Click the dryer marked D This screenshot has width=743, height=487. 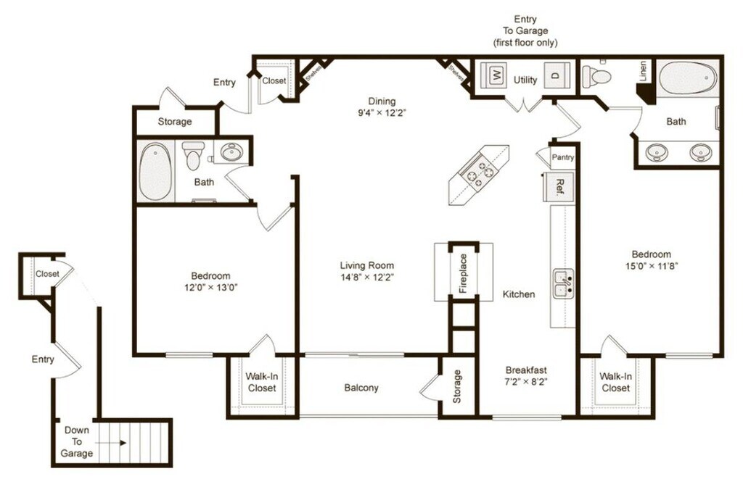555,75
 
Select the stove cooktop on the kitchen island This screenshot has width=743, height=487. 477,173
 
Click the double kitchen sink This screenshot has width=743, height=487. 564,284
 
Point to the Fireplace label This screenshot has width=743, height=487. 463,273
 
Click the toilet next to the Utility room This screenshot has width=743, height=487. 598,75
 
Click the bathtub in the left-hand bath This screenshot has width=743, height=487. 155,172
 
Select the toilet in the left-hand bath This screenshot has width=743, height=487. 192,154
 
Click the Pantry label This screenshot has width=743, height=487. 562,157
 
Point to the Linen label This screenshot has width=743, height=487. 643,71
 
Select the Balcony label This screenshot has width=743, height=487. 361,388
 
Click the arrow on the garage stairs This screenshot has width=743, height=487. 120,442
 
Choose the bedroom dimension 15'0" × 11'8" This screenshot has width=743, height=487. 651,265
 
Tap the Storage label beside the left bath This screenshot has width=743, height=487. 175,122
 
